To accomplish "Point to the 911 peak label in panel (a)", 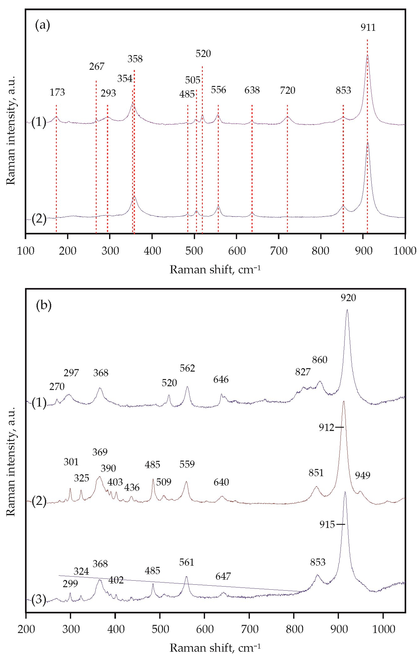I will click(368, 27).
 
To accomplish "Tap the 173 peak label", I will click(57, 92).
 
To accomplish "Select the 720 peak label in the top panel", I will click(287, 90).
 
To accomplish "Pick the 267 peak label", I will click(97, 67).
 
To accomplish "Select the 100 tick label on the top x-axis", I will click(26, 251).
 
